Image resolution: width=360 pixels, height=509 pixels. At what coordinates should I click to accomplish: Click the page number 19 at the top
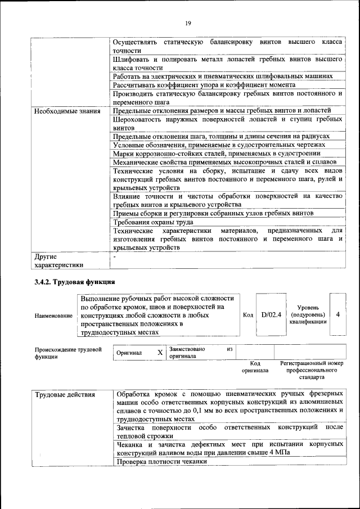click(x=187, y=22)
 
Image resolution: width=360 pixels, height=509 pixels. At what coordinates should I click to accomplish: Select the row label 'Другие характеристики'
click(x=58, y=260)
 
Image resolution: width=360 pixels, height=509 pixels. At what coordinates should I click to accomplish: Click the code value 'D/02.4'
click(x=271, y=315)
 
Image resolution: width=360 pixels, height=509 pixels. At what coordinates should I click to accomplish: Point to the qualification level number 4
click(x=337, y=315)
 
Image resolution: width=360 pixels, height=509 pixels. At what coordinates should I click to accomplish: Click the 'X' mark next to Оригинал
click(x=160, y=352)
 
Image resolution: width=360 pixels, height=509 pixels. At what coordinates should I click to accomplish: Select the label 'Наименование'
click(x=53, y=316)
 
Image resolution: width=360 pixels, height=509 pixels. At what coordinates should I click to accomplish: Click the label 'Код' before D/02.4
click(x=247, y=315)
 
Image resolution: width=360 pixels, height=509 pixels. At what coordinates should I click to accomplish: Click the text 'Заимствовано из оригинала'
click(x=200, y=353)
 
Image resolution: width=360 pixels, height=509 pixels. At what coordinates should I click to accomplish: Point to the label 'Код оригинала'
click(x=255, y=367)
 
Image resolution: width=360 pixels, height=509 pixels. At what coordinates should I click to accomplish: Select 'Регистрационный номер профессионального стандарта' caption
click(x=312, y=370)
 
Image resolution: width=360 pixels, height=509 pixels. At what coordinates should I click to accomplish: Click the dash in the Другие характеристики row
click(x=115, y=256)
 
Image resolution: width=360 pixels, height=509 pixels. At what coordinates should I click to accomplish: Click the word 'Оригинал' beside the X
click(x=129, y=353)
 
